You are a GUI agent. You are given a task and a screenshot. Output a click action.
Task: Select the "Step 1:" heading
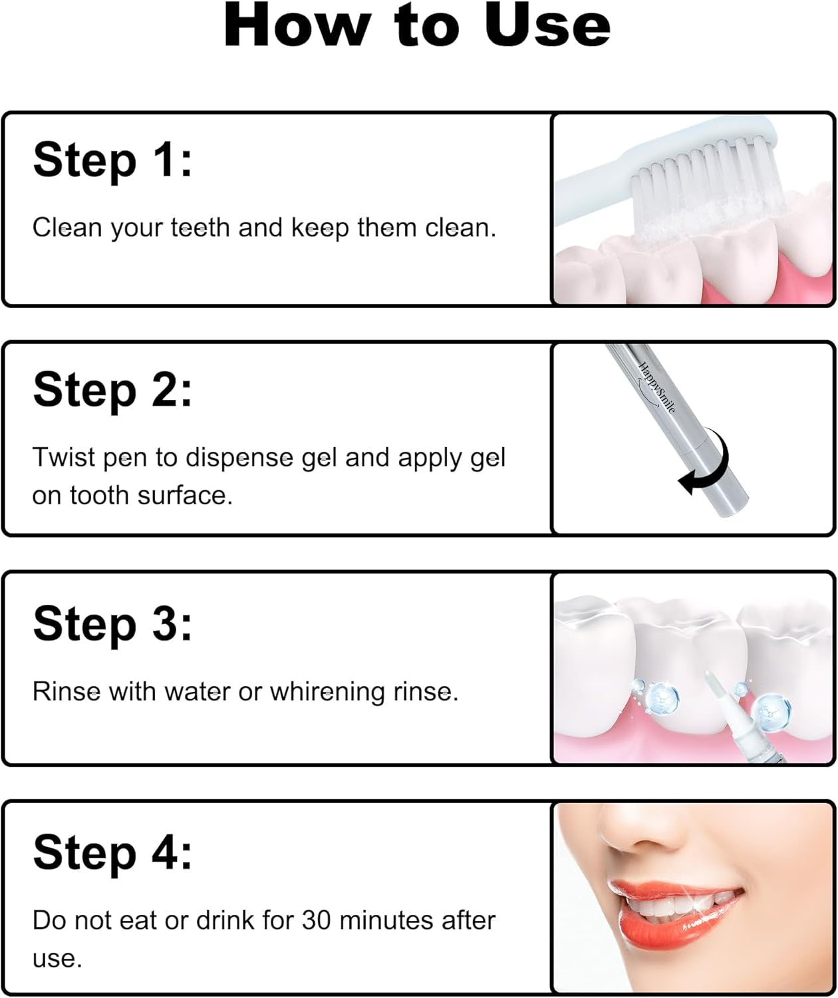pyautogui.click(x=112, y=160)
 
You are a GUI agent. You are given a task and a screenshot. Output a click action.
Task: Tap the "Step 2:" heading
pyautogui.click(x=112, y=390)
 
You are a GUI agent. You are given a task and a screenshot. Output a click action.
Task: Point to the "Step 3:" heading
pyautogui.click(x=112, y=624)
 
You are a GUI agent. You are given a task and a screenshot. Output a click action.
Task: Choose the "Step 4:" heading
pyautogui.click(x=112, y=853)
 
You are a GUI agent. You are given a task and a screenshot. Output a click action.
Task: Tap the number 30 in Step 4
pyautogui.click(x=317, y=921)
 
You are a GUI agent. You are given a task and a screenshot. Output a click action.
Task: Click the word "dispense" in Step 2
pyautogui.click(x=239, y=458)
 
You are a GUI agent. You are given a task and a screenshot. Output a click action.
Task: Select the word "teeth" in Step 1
pyautogui.click(x=200, y=228)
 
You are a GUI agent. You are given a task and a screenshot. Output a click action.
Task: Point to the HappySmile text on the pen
pyautogui.click(x=656, y=387)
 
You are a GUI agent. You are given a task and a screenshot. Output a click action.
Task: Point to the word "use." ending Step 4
pyautogui.click(x=57, y=959)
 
